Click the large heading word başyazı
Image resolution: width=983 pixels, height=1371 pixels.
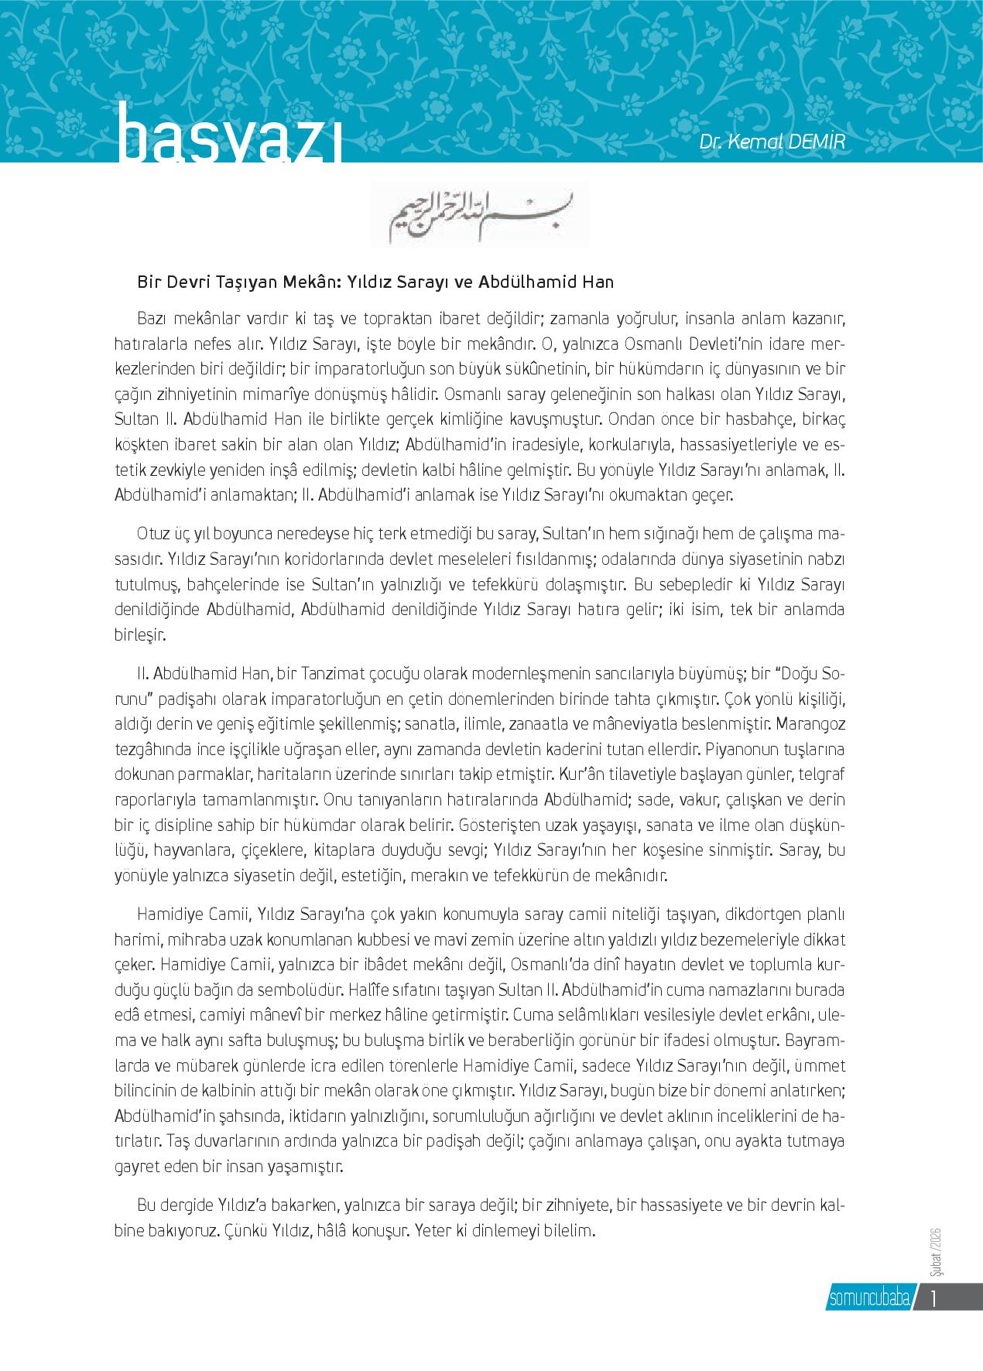[x=229, y=139]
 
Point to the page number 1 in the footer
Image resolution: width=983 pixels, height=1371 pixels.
[x=934, y=1297]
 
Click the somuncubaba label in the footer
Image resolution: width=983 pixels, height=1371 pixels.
[x=868, y=1297]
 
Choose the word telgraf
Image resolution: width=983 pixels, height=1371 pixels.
[x=817, y=775]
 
